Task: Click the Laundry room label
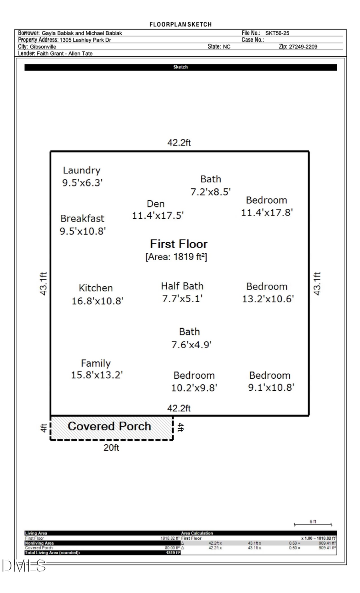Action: pos(82,170)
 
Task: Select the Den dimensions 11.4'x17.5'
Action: pos(158,216)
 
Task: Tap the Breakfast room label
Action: pos(82,218)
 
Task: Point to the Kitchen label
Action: pos(96,288)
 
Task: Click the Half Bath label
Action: pos(182,286)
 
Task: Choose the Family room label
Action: pos(96,363)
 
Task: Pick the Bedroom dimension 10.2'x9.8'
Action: pos(194,387)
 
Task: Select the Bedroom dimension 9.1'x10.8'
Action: pos(271,387)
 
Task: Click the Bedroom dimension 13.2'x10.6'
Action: pos(268,299)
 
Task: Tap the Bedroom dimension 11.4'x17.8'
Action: pos(266,212)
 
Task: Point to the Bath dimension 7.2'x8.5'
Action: pos(210,192)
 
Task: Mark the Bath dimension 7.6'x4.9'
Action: pos(191,344)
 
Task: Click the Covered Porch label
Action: pos(109,426)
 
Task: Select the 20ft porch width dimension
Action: pos(111,447)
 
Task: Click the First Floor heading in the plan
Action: pos(178,244)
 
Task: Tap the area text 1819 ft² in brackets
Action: pos(176,257)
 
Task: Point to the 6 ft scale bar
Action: pos(313,523)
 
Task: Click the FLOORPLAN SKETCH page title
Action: pos(180,24)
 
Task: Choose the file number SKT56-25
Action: pos(277,33)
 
